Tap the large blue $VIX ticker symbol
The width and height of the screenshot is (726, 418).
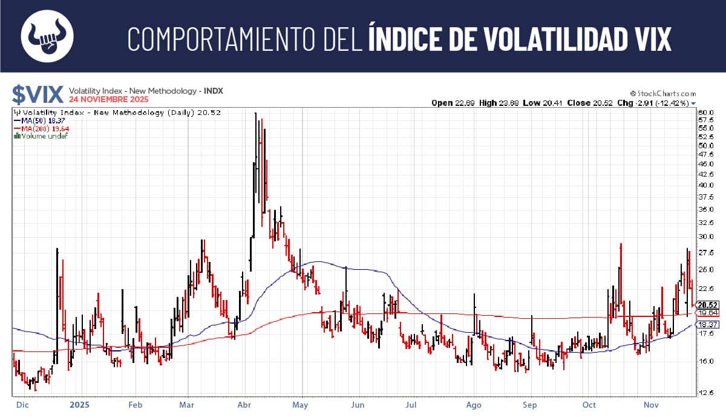pos(38,94)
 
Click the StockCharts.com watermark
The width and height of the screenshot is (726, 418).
pos(663,94)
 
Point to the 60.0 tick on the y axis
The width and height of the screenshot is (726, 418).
pos(706,113)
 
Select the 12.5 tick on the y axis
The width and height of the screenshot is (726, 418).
pos(706,393)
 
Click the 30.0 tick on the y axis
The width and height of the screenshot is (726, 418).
pos(706,237)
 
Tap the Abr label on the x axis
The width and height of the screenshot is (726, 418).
pos(245,403)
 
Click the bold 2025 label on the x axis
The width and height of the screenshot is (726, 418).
pos(80,403)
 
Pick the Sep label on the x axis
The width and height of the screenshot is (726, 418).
pos(531,403)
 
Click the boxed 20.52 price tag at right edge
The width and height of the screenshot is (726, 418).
pos(707,305)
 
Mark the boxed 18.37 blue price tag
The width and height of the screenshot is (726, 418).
pos(707,325)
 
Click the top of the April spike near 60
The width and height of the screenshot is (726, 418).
pos(255,114)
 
